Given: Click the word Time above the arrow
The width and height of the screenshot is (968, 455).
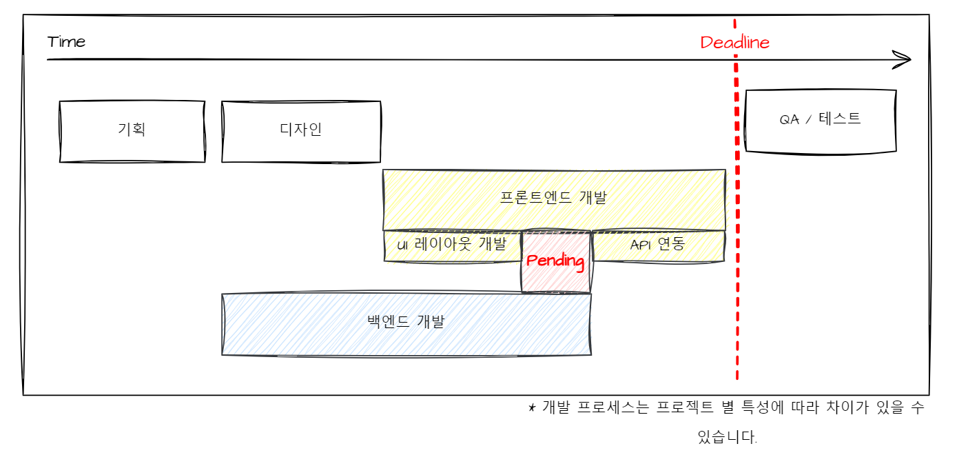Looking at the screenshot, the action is [x=66, y=42].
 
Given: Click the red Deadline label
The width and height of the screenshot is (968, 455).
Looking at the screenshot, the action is [x=734, y=43].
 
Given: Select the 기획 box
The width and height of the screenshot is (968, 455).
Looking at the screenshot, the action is [x=132, y=132].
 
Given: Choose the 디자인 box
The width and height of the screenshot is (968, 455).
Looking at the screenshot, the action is [x=301, y=132].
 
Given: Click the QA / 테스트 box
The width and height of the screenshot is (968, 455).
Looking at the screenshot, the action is [x=821, y=121].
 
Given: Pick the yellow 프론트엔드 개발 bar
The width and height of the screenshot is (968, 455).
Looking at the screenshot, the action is [x=554, y=200].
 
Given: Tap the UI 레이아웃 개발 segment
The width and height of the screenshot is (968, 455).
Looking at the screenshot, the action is [x=452, y=246].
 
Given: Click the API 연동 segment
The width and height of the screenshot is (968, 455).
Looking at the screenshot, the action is [x=658, y=246].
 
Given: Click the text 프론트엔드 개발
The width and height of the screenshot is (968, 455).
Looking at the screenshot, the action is [x=554, y=198].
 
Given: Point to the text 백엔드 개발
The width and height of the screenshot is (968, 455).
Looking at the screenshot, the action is [x=406, y=321].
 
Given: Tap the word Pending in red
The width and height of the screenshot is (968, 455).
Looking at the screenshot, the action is [x=555, y=262].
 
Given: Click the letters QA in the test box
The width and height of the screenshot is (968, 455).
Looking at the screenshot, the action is [x=790, y=119].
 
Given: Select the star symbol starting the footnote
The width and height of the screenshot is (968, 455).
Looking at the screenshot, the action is [x=532, y=407].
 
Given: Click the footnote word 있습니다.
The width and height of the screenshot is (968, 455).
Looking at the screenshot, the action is [x=728, y=437].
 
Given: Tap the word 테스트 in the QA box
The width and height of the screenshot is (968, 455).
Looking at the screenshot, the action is [x=840, y=119].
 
